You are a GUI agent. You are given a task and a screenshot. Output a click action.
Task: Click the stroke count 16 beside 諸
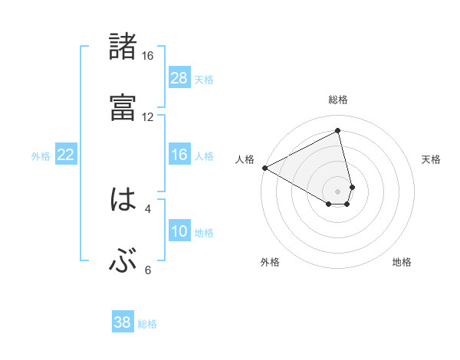pos(147,56)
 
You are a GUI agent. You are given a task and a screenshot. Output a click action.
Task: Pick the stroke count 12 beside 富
pos(147,117)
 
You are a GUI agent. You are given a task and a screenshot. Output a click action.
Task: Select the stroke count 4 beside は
pos(147,208)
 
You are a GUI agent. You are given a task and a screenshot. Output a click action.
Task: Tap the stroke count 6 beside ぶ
pos(147,270)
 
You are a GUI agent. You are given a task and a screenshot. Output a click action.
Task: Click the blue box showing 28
pos(179,78)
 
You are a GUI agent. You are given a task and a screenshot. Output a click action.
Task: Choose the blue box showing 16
pos(179,155)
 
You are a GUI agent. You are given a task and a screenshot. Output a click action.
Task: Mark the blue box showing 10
pos(179,231)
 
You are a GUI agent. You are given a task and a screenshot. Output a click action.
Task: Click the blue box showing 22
pos(66,155)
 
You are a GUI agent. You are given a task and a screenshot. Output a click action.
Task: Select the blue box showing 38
pos(123,322)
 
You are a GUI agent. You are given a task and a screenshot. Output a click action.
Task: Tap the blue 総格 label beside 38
pos(147,324)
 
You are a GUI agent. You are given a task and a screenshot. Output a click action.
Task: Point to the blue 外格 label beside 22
pos(41,156)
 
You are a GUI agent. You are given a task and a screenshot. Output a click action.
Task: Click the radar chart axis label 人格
pos(245,159)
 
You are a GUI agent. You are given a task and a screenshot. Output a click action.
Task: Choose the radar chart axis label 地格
pos(402,262)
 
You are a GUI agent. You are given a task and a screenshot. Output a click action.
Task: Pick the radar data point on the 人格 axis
pos(264,168)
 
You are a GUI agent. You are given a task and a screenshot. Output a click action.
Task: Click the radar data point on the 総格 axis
pos(337,131)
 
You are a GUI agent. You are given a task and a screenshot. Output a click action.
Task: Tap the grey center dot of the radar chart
pos(337,191)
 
